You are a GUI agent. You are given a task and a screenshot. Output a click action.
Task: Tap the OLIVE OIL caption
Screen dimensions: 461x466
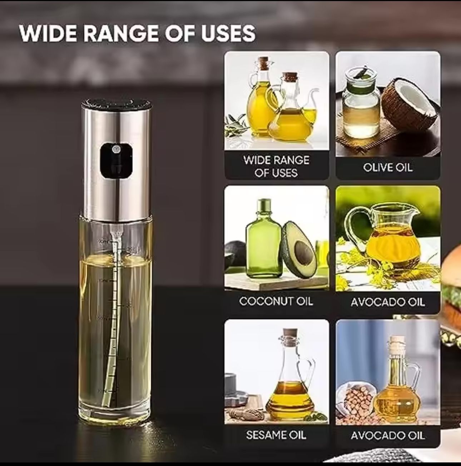(388, 168)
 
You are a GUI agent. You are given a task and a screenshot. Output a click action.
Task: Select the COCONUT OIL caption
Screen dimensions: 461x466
(276, 301)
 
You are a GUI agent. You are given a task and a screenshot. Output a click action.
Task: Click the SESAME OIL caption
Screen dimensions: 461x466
(276, 435)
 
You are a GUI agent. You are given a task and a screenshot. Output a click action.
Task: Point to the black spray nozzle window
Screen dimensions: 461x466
(116, 161)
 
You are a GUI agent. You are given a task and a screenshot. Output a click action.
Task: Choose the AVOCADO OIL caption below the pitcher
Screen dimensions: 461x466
(388, 302)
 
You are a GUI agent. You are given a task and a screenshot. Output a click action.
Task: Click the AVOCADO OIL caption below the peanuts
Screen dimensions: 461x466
(388, 435)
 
